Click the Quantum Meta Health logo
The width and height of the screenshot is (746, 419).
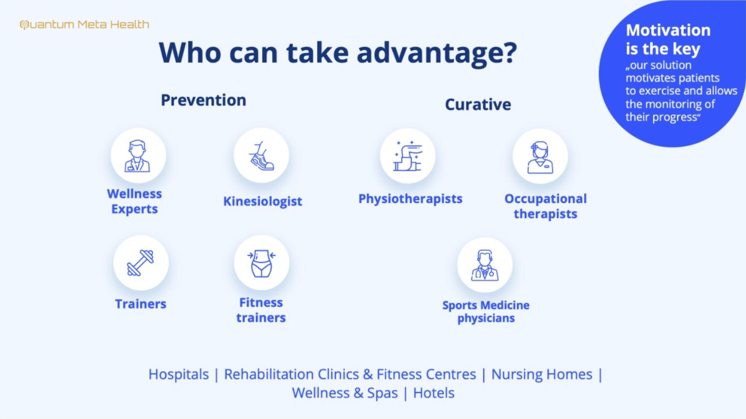tap(84, 25)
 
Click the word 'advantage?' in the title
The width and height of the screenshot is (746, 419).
tap(437, 53)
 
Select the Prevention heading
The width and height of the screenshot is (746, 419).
tap(204, 100)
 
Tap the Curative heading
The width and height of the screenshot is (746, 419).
tap(478, 104)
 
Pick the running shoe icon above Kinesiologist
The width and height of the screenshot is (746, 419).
tap(261, 156)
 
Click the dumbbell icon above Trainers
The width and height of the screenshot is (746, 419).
tap(141, 263)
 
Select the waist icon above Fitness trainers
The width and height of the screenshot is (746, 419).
tap(262, 263)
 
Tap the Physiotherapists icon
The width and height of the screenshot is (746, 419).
tap(407, 156)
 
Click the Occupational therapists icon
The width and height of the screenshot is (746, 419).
tap(540, 156)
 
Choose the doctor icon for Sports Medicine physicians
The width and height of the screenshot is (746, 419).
tap(484, 265)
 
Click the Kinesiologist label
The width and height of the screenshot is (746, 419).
tap(262, 201)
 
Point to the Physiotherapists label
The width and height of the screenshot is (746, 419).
tap(410, 199)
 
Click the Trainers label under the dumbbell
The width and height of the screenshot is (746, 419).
tap(141, 304)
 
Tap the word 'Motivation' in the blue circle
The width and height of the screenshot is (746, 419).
tap(668, 30)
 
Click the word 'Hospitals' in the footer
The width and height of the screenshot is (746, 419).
tap(178, 374)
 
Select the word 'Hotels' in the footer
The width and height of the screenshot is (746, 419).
tap(434, 393)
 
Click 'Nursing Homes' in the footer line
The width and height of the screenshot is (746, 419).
tap(542, 374)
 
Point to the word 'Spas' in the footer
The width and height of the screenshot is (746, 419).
tap(382, 393)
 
